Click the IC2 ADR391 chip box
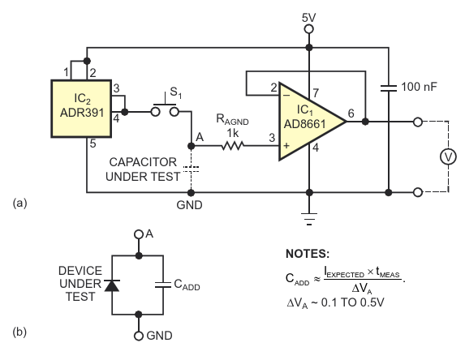[81, 109]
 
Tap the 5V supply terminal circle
[309, 29]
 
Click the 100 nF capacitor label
[419, 87]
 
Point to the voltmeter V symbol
[448, 156]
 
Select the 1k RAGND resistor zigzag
[233, 145]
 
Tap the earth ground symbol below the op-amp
[309, 219]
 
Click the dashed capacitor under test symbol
[191, 169]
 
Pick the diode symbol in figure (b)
[112, 285]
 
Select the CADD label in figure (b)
[187, 285]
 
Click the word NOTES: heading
[308, 254]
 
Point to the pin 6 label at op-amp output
[351, 114]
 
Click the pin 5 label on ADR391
[93, 144]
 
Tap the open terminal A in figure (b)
[139, 234]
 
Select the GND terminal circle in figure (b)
[139, 336]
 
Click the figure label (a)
[19, 204]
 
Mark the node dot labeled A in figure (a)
[192, 146]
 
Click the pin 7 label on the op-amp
[316, 93]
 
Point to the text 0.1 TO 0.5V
[353, 302]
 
